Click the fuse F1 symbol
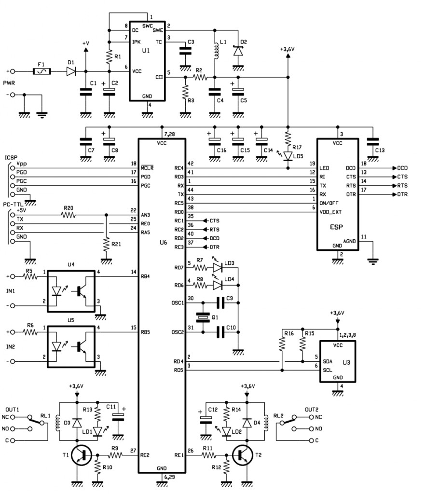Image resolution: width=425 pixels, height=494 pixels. (x=41, y=71)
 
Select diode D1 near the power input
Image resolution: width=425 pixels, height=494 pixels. (x=71, y=71)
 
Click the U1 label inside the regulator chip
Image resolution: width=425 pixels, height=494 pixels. (x=147, y=50)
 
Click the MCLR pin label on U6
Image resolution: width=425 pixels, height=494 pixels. (x=147, y=168)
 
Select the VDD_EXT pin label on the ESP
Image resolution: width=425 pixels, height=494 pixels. (x=332, y=211)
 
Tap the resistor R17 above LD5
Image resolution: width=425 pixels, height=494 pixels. (x=288, y=139)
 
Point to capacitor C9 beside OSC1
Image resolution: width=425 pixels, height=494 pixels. (x=222, y=303)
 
